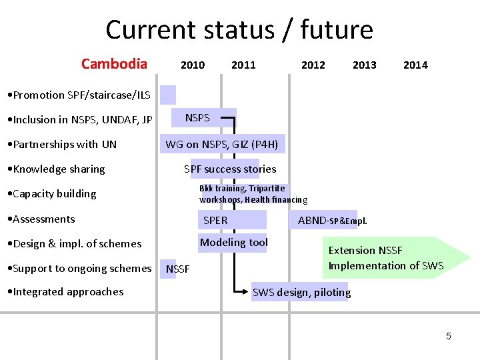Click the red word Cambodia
tap(114, 64)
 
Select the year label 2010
tap(193, 65)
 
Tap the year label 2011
tap(243, 65)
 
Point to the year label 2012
tap(313, 65)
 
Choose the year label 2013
tap(364, 65)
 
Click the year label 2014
tap(415, 65)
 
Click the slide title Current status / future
tap(239, 30)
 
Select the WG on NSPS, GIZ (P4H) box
tap(222, 143)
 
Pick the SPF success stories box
tap(231, 169)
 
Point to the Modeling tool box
tap(234, 243)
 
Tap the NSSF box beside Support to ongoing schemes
tap(177, 269)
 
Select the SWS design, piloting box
tap(301, 292)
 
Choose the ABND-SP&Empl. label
tap(331, 220)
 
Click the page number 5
tap(448, 336)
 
